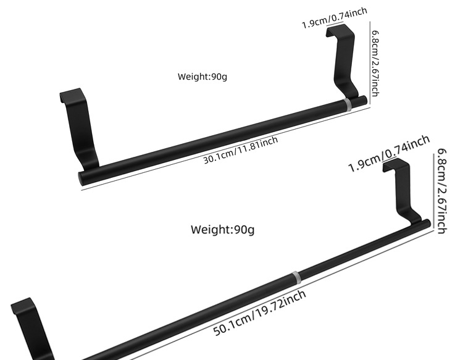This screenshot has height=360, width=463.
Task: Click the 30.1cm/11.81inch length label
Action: click(x=241, y=150)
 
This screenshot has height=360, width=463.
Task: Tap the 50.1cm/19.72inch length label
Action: click(x=260, y=313)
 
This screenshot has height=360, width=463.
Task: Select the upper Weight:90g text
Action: click(x=202, y=77)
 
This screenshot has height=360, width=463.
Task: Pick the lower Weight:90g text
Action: click(x=222, y=230)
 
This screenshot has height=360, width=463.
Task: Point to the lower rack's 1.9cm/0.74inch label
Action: click(x=388, y=154)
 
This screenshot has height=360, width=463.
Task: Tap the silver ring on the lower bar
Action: click(x=296, y=277)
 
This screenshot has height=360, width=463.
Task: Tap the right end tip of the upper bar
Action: click(x=364, y=99)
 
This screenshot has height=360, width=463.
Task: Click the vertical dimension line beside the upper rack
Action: click(x=370, y=65)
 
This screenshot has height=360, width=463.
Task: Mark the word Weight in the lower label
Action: click(x=210, y=230)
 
